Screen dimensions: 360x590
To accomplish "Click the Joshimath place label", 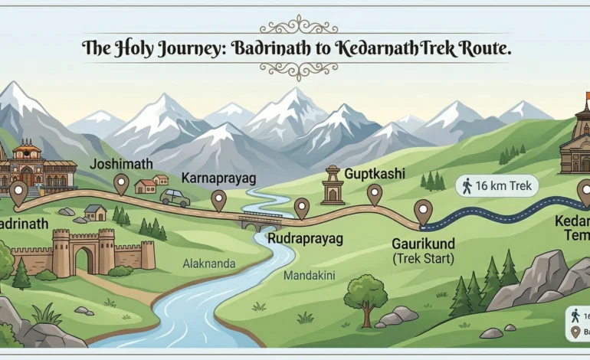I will click(x=121, y=163).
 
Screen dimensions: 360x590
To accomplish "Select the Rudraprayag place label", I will click(x=304, y=239).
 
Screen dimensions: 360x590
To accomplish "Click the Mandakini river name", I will click(x=310, y=273).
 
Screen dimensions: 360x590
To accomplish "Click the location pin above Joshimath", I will click(x=121, y=183).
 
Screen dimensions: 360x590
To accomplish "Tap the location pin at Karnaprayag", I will click(x=219, y=200).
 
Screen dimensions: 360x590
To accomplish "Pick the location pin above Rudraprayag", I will click(x=302, y=208).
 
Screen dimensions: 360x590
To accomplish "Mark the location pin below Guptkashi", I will click(x=374, y=194).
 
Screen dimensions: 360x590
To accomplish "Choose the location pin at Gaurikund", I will click(x=422, y=211).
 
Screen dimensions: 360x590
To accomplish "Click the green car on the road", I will click(x=175, y=198).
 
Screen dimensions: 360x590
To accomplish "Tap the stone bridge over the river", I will click(x=261, y=222).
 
